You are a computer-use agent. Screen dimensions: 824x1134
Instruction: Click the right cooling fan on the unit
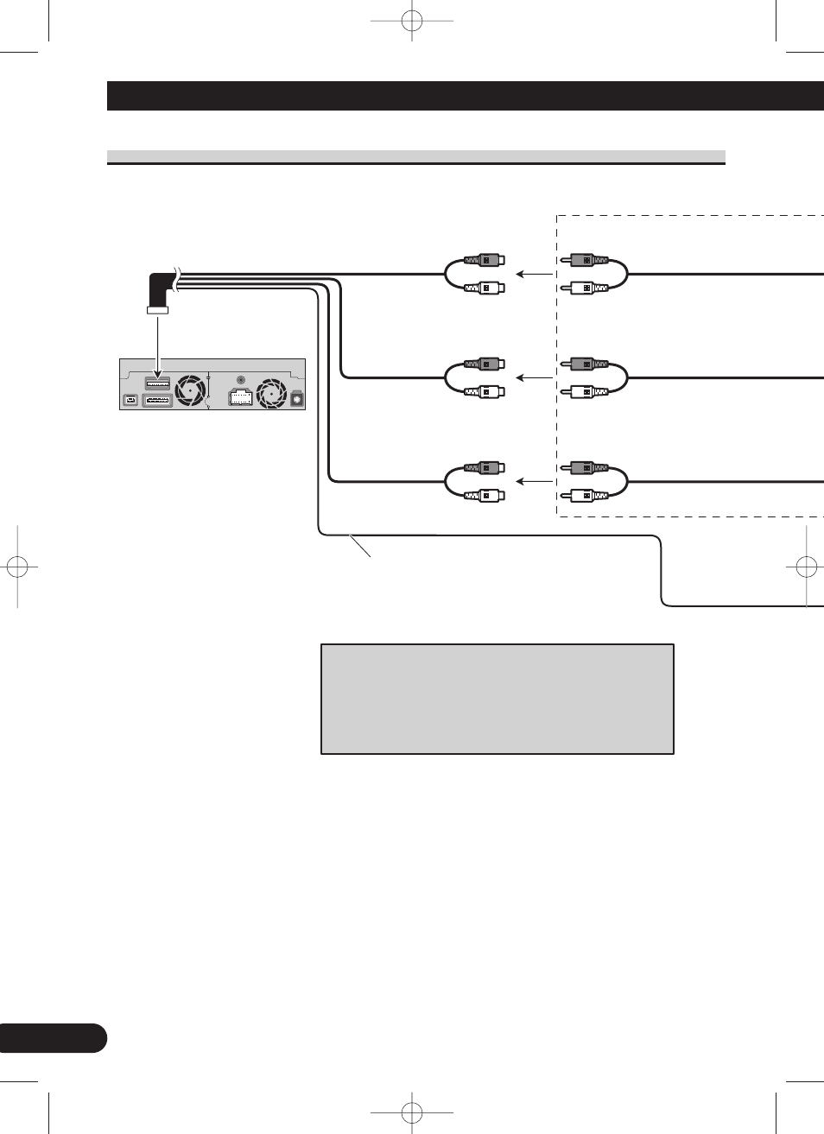(x=272, y=393)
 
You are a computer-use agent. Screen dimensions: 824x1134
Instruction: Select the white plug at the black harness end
(x=157, y=310)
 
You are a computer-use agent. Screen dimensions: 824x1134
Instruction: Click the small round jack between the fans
(x=240, y=379)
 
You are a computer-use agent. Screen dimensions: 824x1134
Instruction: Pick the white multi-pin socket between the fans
(x=240, y=397)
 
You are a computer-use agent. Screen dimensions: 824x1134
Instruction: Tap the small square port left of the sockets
(x=130, y=400)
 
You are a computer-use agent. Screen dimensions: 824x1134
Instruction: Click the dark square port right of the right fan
(x=297, y=401)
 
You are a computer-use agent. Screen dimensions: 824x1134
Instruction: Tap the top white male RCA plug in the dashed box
(x=586, y=288)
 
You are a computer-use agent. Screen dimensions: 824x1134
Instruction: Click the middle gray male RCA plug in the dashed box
(x=586, y=364)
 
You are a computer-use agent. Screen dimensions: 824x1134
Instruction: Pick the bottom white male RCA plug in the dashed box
(x=586, y=496)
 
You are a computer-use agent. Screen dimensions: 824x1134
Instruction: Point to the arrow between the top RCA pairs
(x=534, y=274)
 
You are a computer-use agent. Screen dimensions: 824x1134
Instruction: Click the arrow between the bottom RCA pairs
(x=534, y=481)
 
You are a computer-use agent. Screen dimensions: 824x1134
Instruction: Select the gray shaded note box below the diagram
(x=497, y=699)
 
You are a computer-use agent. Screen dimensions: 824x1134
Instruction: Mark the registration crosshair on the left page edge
(x=17, y=567)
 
